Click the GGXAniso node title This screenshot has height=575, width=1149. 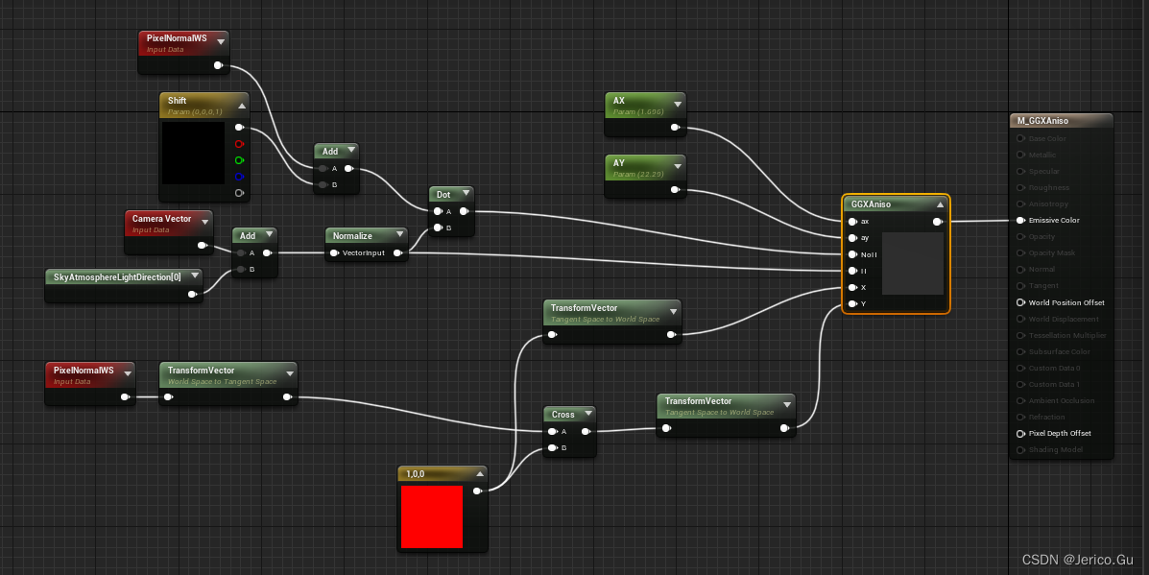pyautogui.click(x=871, y=204)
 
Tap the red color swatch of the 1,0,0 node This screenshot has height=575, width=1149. pyautogui.click(x=431, y=516)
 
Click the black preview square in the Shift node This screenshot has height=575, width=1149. pyautogui.click(x=193, y=153)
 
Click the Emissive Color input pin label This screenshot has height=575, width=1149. pyautogui.click(x=1054, y=221)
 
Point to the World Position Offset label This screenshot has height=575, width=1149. pyautogui.click(x=1065, y=302)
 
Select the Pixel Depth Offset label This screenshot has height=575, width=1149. pyautogui.click(x=1060, y=433)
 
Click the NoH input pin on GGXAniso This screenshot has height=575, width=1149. pyautogui.click(x=852, y=254)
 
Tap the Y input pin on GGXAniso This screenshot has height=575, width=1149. pyautogui.click(x=852, y=304)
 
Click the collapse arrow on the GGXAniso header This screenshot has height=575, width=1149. pyautogui.click(x=941, y=204)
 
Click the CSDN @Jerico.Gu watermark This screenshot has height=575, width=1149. pyautogui.click(x=1078, y=560)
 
